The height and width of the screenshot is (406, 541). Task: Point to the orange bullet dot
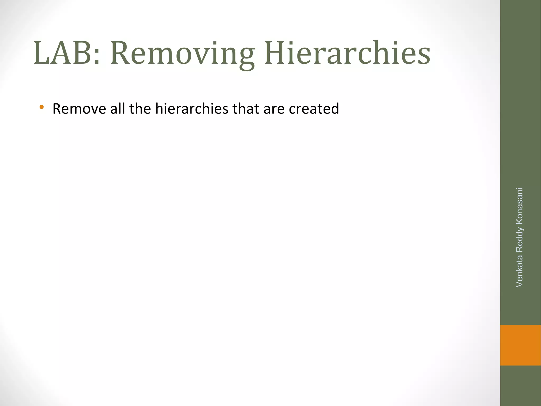click(x=41, y=107)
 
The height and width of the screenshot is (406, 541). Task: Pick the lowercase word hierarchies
click(x=192, y=109)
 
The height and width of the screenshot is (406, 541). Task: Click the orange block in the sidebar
click(x=520, y=345)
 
